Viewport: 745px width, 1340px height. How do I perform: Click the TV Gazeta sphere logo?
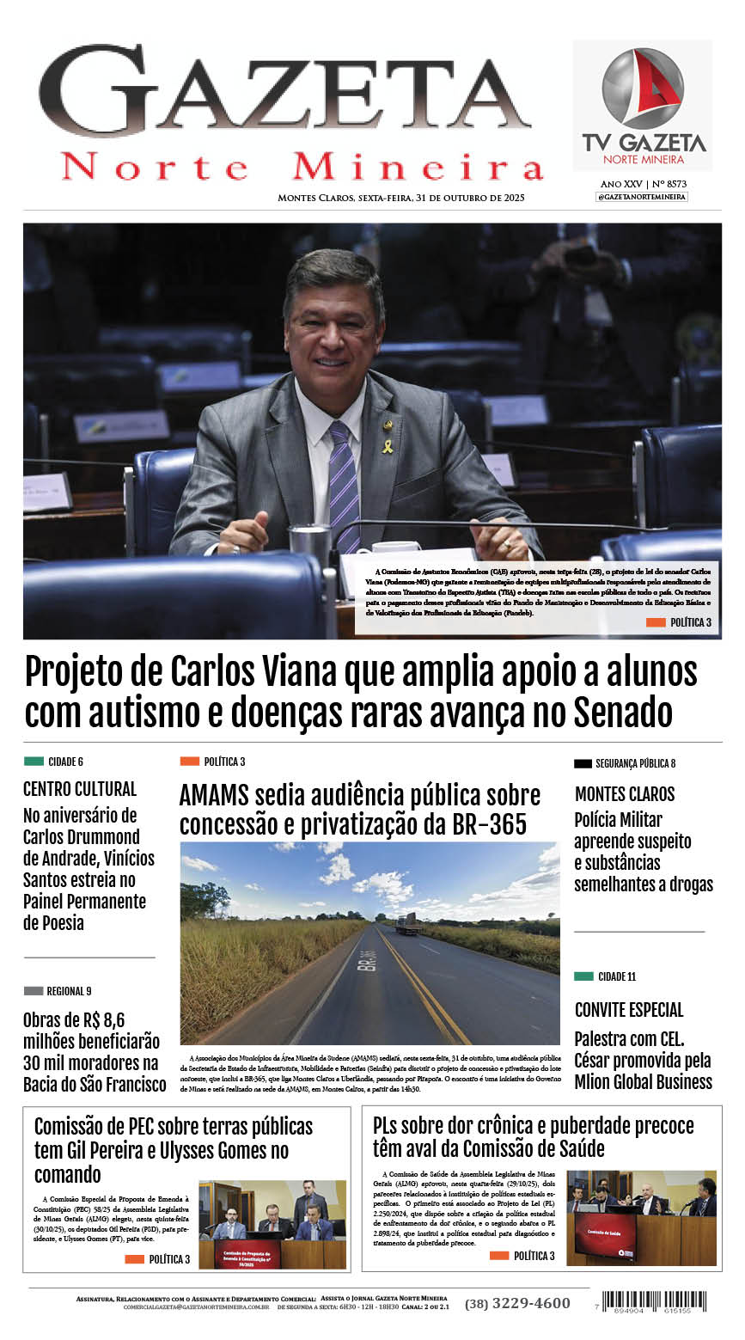click(643, 89)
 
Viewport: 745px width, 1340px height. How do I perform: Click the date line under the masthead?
click(400, 198)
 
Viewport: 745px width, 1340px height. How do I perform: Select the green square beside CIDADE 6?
click(34, 762)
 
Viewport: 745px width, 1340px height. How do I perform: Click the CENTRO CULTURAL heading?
click(80, 788)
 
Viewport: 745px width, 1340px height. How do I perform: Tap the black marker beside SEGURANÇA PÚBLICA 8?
click(583, 763)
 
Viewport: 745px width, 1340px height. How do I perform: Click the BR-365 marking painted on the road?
click(368, 960)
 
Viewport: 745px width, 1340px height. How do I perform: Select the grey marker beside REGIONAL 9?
click(34, 991)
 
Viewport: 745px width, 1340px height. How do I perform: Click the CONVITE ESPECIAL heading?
click(629, 1010)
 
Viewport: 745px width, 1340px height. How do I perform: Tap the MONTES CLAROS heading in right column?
click(625, 794)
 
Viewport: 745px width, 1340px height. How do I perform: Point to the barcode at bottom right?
click(656, 1300)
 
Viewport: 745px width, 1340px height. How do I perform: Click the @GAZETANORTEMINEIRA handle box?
click(642, 197)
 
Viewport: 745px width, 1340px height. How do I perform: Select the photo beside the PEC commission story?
click(272, 1224)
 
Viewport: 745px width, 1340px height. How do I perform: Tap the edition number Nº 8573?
click(669, 184)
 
